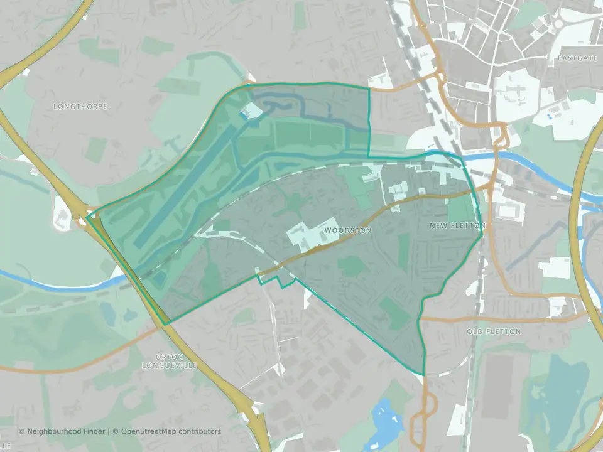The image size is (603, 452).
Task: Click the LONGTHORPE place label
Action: (80, 107)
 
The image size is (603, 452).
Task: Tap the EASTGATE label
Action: (575, 58)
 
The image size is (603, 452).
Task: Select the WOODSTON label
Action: (348, 230)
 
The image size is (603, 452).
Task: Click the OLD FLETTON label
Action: (494, 331)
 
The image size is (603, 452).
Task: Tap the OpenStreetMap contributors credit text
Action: (171, 431)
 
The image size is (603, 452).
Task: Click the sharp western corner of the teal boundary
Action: (87, 216)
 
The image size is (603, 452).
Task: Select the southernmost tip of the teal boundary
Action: (424, 375)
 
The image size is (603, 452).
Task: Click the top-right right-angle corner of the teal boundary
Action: (369, 89)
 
